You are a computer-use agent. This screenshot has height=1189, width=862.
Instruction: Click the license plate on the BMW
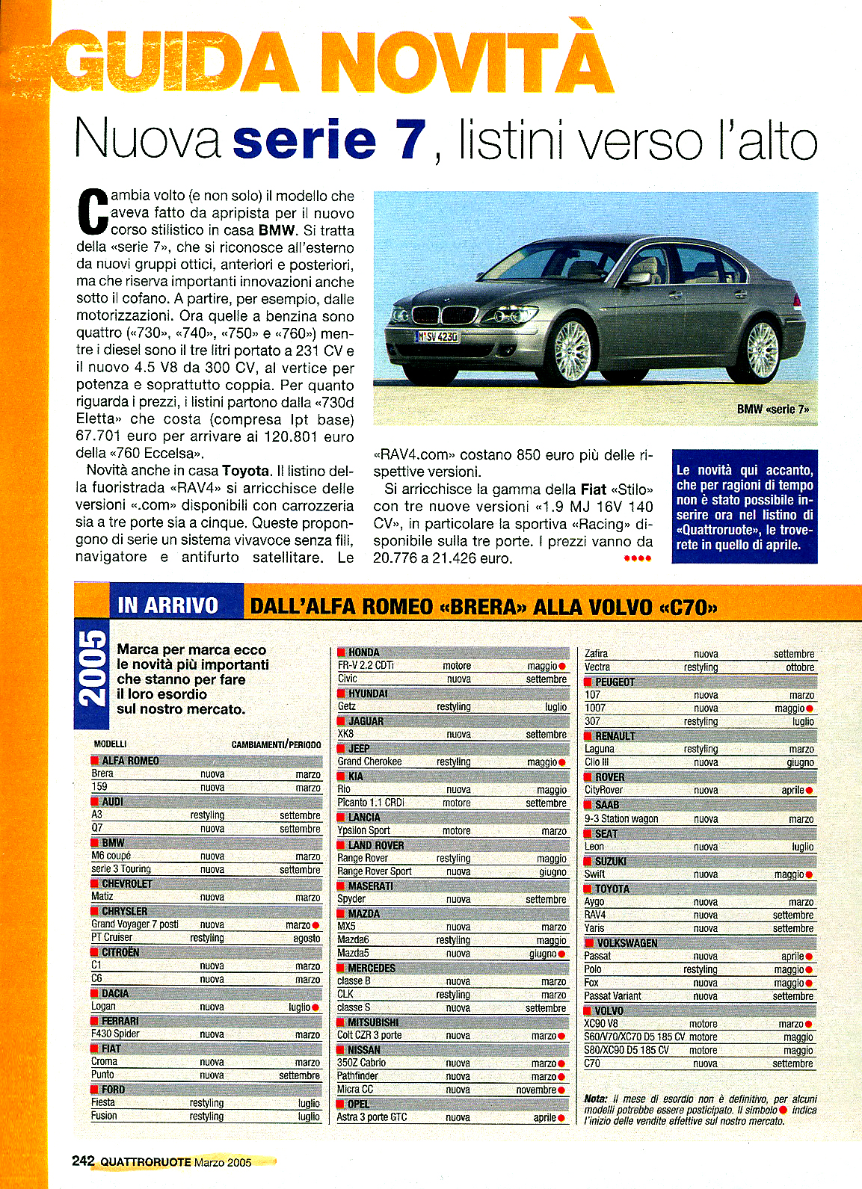pyautogui.click(x=437, y=337)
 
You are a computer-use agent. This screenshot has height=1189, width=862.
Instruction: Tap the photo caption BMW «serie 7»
pyautogui.click(x=772, y=410)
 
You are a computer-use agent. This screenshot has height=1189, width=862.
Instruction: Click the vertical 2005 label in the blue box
pyautogui.click(x=93, y=667)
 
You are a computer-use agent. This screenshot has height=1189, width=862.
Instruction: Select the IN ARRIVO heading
pyautogui.click(x=167, y=605)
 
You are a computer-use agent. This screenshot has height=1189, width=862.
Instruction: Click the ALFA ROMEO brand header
pyautogui.click(x=130, y=761)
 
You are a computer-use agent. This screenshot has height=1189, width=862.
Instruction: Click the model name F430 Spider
pyautogui.click(x=115, y=1034)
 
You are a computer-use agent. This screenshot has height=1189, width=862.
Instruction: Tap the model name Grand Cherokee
pyautogui.click(x=369, y=762)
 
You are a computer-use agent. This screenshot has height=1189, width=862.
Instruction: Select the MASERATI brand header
pyautogui.click(x=370, y=886)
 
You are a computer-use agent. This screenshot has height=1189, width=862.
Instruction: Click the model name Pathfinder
pyautogui.click(x=357, y=1076)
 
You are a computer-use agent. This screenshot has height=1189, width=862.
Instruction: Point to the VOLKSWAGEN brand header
pyautogui.click(x=627, y=943)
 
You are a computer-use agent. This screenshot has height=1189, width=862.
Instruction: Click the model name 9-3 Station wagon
pyautogui.click(x=621, y=819)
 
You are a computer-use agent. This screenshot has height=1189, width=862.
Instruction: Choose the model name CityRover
pyautogui.click(x=603, y=790)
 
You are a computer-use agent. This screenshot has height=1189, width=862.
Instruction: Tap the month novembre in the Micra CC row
pyautogui.click(x=536, y=1090)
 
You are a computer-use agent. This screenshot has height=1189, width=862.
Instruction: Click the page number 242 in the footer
pyautogui.click(x=83, y=1161)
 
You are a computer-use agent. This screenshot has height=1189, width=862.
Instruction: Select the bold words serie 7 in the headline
pyautogui.click(x=329, y=140)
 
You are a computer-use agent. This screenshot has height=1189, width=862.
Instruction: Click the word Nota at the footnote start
pyautogui.click(x=596, y=1099)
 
